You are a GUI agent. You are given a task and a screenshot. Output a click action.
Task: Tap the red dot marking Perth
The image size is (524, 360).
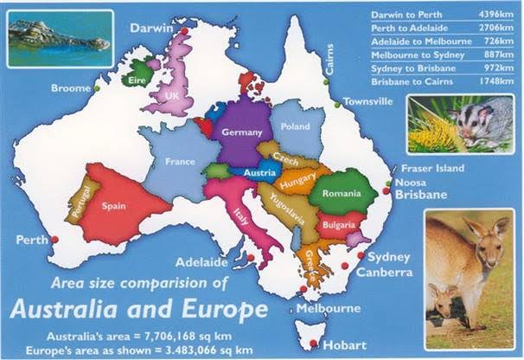[x=54, y=239]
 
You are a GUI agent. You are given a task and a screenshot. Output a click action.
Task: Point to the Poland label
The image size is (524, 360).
[x=295, y=126]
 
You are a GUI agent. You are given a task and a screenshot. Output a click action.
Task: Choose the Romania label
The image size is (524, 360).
[x=342, y=194]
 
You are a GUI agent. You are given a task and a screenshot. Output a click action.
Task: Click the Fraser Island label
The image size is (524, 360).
[x=431, y=168]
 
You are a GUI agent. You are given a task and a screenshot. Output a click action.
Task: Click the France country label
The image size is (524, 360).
[x=180, y=162]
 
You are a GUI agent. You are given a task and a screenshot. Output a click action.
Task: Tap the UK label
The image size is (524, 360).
[x=172, y=94]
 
